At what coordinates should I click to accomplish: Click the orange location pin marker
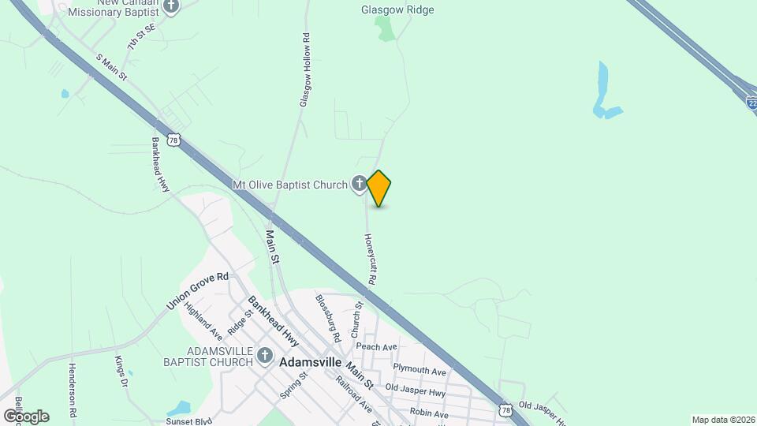pos(379,188)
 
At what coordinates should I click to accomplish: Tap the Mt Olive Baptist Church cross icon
pos(359,185)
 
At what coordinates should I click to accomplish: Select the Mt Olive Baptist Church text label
pos(289,185)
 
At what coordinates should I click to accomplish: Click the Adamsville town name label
pos(311,363)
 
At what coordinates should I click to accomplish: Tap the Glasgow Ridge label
pos(397,10)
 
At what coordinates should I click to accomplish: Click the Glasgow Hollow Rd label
pos(304,69)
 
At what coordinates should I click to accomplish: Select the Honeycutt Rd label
pos(369,259)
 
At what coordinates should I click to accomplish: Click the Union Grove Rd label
pos(197,290)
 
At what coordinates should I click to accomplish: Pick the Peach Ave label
pos(376,347)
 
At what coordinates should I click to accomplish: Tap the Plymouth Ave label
pos(420,371)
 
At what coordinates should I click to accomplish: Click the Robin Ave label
pos(429,414)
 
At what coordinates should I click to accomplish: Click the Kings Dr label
pos(121,372)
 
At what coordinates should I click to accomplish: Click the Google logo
pos(26,417)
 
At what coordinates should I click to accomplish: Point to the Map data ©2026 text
pos(724,420)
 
